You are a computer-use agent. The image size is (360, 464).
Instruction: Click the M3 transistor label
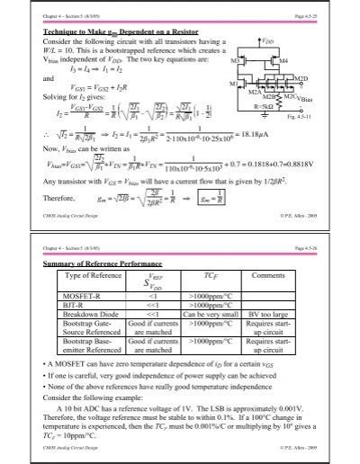tap(236, 59)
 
